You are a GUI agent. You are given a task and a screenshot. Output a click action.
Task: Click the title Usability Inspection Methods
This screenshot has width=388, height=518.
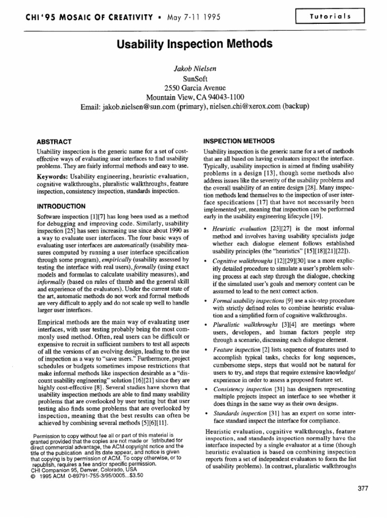(195, 44)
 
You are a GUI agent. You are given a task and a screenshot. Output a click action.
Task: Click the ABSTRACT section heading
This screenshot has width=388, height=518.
(55, 142)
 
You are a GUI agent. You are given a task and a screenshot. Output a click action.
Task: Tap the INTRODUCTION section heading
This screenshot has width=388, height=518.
(61, 206)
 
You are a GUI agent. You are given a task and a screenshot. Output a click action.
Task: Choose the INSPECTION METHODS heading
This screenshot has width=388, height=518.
(238, 141)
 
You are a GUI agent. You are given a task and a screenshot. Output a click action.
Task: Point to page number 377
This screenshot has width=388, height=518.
(363, 488)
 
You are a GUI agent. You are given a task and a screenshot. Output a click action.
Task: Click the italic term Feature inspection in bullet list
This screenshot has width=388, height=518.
(234, 349)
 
